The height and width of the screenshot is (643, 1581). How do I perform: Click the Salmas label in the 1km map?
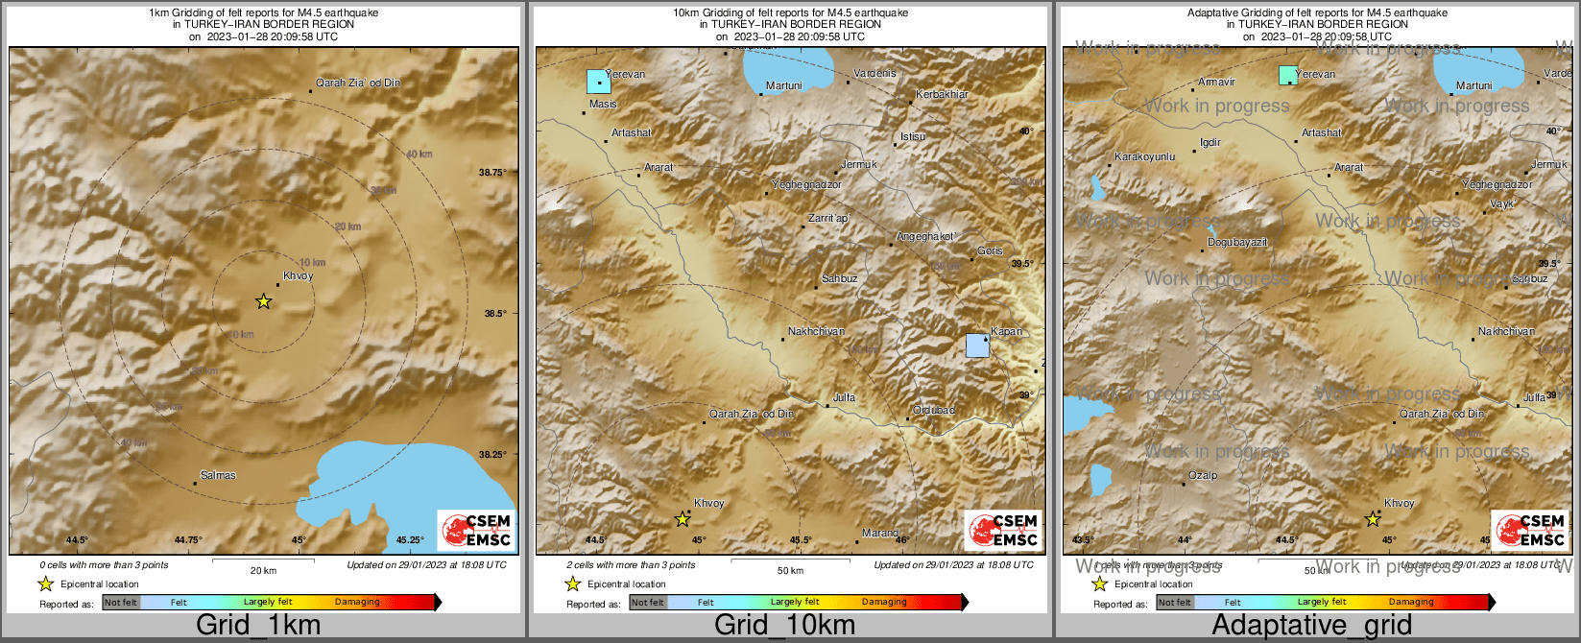218,475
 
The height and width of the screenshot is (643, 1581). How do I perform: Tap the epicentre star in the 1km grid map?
264,301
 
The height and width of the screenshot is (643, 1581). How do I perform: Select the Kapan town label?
1007,331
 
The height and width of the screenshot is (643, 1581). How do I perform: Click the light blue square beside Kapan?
977,345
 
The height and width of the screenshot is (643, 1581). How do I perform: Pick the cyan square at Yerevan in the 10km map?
599,82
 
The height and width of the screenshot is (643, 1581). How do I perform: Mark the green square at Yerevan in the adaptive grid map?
1288,75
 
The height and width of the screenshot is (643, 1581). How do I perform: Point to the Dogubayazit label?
1237,243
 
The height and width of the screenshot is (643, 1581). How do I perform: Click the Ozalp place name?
1203,475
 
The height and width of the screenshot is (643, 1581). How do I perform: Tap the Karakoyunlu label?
1144,156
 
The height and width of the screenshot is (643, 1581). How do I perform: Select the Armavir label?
1216,83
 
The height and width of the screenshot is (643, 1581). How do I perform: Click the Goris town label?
990,251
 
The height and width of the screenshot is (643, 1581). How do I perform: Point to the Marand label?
880,533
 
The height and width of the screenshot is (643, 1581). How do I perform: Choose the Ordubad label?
934,410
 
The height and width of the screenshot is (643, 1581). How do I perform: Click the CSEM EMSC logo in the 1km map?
476,531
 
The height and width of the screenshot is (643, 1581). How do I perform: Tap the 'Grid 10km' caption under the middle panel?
784,626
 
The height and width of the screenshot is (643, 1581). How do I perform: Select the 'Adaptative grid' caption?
1311,626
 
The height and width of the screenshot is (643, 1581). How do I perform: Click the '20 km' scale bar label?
263,570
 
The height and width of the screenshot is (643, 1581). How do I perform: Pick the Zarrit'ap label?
827,219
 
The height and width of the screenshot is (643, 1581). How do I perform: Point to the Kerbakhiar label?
942,94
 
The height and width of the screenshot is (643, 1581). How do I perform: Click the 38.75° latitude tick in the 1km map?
491,172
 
